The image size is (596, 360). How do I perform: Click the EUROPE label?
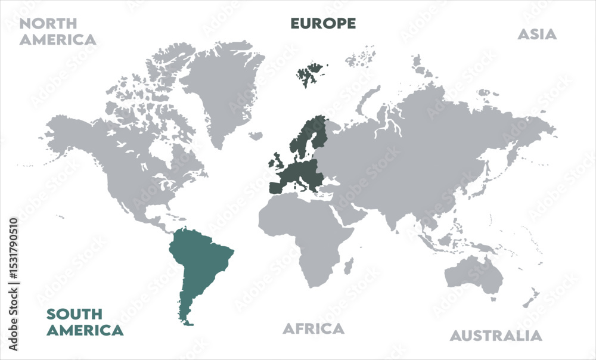(x=322, y=23)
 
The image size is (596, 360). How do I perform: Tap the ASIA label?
(x=536, y=34)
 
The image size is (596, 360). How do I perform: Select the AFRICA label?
(x=313, y=328)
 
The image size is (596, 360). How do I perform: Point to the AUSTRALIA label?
(x=496, y=336)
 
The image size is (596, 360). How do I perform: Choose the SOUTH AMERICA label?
(x=85, y=322)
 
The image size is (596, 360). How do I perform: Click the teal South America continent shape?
(x=200, y=262)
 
